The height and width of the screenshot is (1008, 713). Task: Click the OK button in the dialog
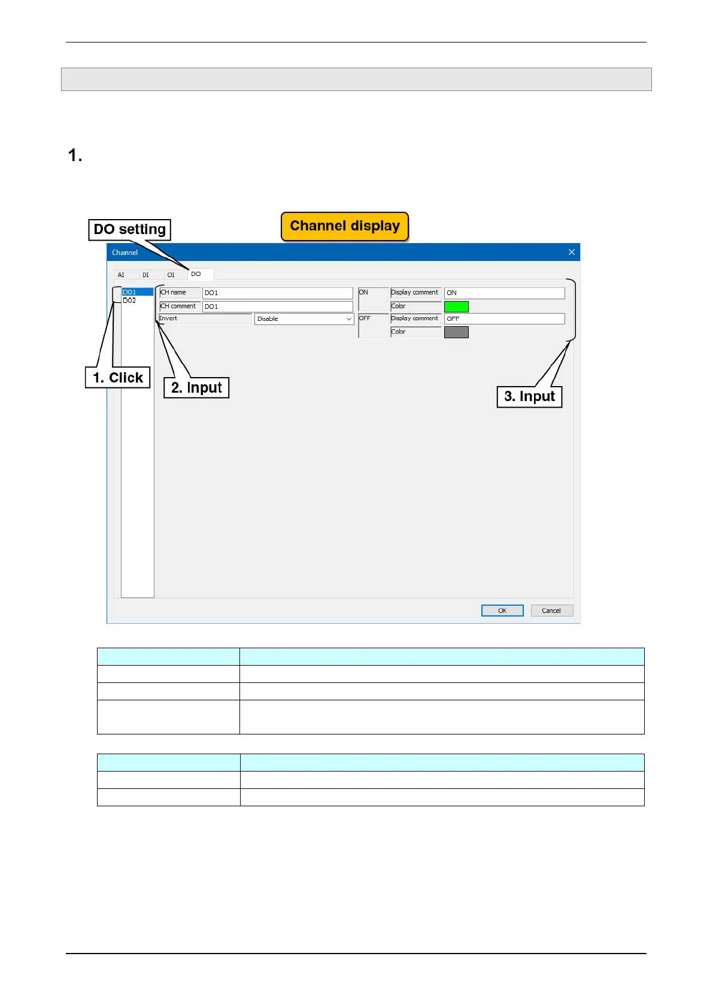pyautogui.click(x=502, y=611)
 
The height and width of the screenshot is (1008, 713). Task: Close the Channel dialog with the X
pyautogui.click(x=571, y=252)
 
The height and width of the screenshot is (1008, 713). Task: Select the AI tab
pyautogui.click(x=122, y=275)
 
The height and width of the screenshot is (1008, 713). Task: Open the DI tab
pyautogui.click(x=145, y=275)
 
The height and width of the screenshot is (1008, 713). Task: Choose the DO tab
pyautogui.click(x=196, y=274)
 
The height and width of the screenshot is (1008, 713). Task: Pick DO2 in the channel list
pyautogui.click(x=130, y=300)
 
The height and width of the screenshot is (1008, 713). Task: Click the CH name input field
pyautogui.click(x=277, y=293)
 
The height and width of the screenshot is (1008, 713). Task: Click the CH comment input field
pyautogui.click(x=277, y=306)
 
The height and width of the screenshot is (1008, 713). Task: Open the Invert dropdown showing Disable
pyautogui.click(x=304, y=319)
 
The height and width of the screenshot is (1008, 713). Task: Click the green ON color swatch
pyautogui.click(x=456, y=306)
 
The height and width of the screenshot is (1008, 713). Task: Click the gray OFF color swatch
pyautogui.click(x=456, y=332)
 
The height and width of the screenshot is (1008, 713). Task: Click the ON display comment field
pyautogui.click(x=504, y=293)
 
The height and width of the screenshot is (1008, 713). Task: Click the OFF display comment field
pyautogui.click(x=504, y=319)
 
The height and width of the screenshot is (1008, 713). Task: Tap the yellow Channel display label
pyautogui.click(x=345, y=226)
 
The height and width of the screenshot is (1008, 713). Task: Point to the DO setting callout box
pyautogui.click(x=130, y=230)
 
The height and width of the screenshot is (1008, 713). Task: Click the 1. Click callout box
pyautogui.click(x=118, y=378)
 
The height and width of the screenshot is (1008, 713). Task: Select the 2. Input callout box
pyautogui.click(x=196, y=388)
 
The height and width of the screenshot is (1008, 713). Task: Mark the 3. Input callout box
pyautogui.click(x=529, y=396)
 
